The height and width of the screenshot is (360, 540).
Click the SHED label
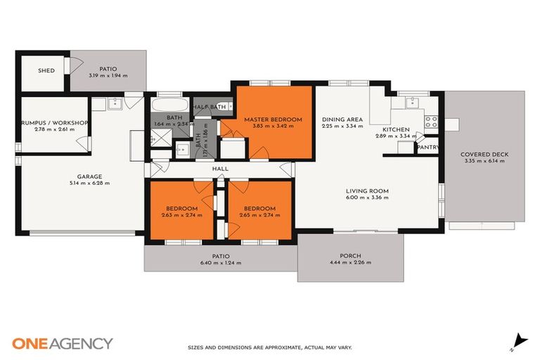46,71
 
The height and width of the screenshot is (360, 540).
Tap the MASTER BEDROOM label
273,120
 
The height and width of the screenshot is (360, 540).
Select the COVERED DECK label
484,154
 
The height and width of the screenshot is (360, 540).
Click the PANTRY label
427,148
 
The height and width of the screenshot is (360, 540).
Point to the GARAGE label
90,176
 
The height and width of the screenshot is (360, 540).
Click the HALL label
221,169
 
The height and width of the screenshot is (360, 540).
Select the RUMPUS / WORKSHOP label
54,123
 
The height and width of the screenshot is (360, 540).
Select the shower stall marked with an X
160,141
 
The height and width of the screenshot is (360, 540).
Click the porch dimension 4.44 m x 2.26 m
349,262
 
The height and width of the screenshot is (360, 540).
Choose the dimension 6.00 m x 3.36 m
367,198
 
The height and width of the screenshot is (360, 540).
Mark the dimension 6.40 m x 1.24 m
221,263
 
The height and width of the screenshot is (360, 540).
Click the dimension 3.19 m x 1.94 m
108,75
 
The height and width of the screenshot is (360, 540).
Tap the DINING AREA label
342,120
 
